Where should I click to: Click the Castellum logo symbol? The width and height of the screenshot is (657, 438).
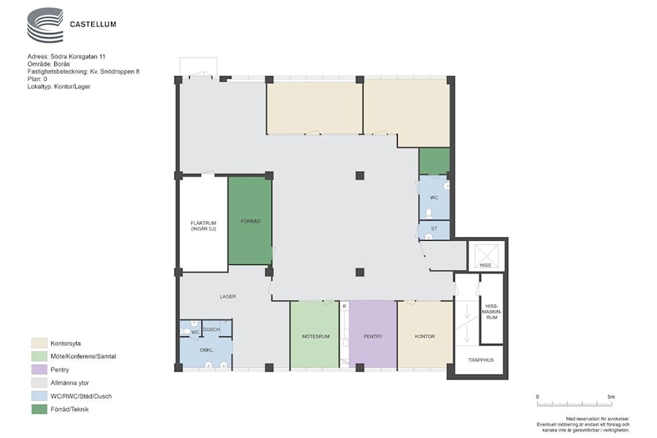[x=45, y=25]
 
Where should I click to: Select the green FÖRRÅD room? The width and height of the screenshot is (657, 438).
[x=250, y=221]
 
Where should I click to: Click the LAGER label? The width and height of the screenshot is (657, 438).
[x=228, y=296]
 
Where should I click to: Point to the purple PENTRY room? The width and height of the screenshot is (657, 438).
[x=373, y=334]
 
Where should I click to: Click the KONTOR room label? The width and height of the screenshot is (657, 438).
[x=424, y=336]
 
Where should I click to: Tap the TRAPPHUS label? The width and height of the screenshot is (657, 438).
[x=480, y=360]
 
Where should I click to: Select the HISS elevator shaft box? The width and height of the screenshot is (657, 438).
[x=485, y=255]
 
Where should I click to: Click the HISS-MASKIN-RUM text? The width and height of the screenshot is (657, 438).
[x=492, y=312]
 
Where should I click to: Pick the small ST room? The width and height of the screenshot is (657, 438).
[x=434, y=230]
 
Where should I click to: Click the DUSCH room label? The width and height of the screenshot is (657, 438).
[x=211, y=329]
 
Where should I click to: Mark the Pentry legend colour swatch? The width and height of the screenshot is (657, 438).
[x=39, y=369]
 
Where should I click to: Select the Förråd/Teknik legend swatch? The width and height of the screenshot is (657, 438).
[x=39, y=409]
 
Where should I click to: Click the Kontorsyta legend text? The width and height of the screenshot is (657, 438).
[x=66, y=343]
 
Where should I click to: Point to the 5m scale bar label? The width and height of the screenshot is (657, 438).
[x=611, y=396]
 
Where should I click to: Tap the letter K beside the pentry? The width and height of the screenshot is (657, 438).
[x=345, y=306]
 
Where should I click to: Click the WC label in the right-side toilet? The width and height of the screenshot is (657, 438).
[x=434, y=197]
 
